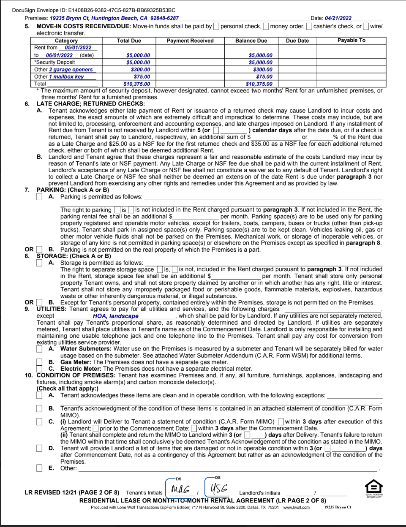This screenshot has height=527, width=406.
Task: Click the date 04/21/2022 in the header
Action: tap(338, 18)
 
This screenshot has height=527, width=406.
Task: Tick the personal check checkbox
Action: tap(216, 27)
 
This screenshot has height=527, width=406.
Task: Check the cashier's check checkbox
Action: tap(309, 27)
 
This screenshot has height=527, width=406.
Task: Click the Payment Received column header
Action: tap(190, 41)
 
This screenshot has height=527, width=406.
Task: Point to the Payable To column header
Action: tap(351, 41)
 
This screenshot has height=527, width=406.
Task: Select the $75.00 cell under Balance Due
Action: tap(264, 77)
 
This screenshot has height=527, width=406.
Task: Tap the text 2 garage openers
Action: tap(71, 70)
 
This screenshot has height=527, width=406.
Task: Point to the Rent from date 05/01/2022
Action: tap(78, 48)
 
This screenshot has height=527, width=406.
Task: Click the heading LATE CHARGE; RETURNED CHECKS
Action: tap(90, 104)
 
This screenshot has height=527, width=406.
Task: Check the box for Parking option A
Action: tap(39, 197)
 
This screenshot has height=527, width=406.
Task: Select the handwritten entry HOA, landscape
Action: tap(116, 316)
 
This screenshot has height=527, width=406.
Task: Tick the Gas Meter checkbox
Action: tap(39, 362)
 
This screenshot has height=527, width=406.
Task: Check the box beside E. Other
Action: tap(39, 468)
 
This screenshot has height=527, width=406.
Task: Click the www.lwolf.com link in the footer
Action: tap(296, 508)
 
